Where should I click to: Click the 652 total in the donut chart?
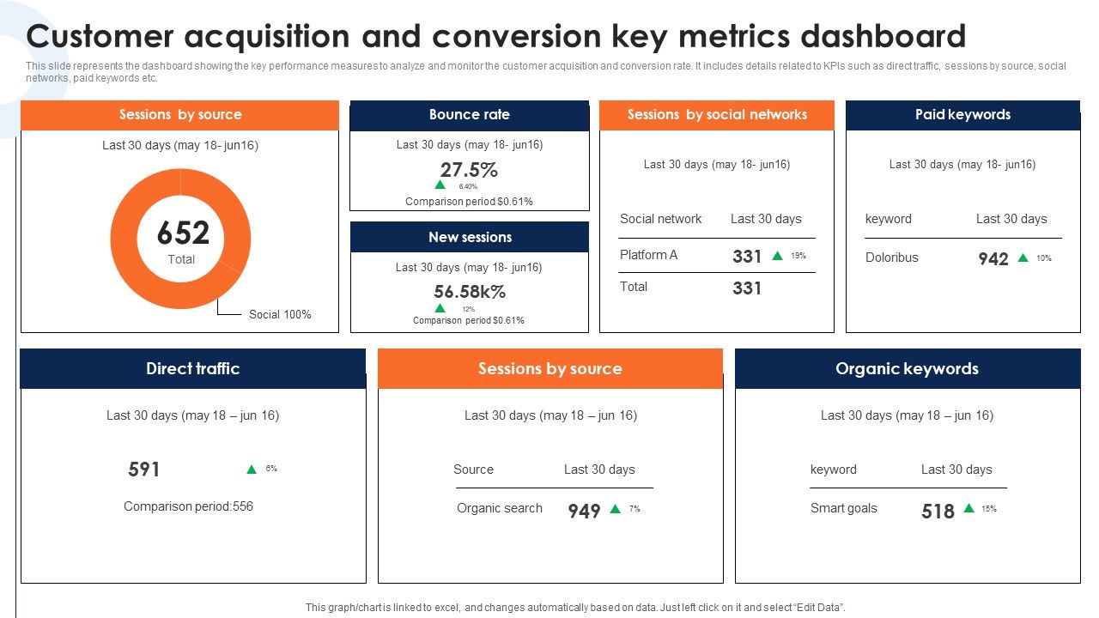tap(183, 233)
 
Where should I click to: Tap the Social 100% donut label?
tap(280, 314)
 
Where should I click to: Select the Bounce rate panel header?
tap(469, 115)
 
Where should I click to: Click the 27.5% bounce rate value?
tap(469, 169)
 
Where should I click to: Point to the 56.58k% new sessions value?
tap(470, 292)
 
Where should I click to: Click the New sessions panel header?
tap(470, 238)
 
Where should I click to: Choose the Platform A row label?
tap(648, 255)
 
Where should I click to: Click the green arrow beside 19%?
tap(777, 256)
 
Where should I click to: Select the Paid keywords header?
tap(962, 115)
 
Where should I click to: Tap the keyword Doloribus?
tap(891, 257)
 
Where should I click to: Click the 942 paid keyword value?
tap(993, 259)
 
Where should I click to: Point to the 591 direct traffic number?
tap(144, 470)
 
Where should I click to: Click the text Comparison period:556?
tap(188, 506)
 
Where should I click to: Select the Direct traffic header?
tap(192, 369)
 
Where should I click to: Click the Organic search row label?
tap(499, 508)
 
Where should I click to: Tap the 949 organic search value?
tap(584, 512)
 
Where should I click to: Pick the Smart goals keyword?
tap(843, 508)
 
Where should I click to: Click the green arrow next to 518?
tap(968, 508)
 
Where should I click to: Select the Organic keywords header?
tap(907, 369)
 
